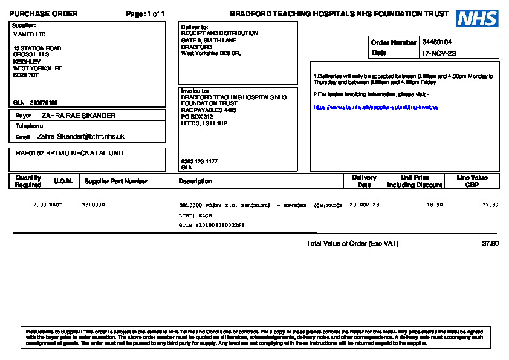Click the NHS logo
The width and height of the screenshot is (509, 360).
[477, 19]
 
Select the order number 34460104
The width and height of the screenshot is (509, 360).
[437, 42]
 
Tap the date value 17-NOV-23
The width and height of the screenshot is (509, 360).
[439, 53]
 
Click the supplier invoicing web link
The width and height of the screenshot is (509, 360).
[375, 107]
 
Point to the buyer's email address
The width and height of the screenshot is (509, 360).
[80, 137]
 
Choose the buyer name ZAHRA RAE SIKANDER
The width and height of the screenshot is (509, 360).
[78, 116]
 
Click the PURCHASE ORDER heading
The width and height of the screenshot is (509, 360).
[44, 14]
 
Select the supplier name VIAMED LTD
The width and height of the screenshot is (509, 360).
[29, 34]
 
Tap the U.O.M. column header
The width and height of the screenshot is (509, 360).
[63, 181]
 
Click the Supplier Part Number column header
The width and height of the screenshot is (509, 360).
[115, 181]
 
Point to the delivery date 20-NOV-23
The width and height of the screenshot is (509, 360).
[365, 205]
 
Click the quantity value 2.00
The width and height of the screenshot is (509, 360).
[39, 205]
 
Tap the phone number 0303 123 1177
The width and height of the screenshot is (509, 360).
[199, 162]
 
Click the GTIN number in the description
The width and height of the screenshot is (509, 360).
[221, 225]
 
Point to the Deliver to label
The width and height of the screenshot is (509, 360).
[195, 27]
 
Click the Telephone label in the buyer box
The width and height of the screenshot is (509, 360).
[29, 126]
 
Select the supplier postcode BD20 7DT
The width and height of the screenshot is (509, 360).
[26, 76]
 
